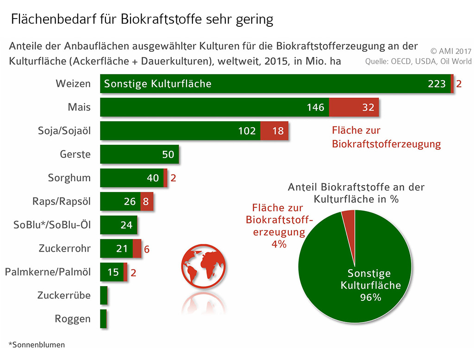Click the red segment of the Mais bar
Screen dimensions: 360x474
click(x=354, y=107)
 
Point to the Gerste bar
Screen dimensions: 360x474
click(x=139, y=154)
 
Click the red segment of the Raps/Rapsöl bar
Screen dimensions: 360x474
click(x=146, y=201)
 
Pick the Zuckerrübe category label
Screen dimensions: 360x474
click(x=64, y=295)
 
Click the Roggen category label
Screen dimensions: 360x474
click(x=73, y=319)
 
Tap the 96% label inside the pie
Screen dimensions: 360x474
click(x=370, y=298)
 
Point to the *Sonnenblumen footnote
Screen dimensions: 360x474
click(x=37, y=345)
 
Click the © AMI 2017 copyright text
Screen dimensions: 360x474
click(x=451, y=51)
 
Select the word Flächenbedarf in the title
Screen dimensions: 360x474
click(x=48, y=20)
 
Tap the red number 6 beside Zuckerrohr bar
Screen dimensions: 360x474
click(x=146, y=249)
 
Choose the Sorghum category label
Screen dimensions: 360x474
click(x=69, y=178)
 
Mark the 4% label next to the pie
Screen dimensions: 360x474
click(x=279, y=243)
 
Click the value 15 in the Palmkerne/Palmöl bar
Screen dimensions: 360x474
click(x=113, y=273)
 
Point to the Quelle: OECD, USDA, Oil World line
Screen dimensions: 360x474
click(x=418, y=62)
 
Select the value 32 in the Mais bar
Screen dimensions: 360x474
click(x=368, y=107)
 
